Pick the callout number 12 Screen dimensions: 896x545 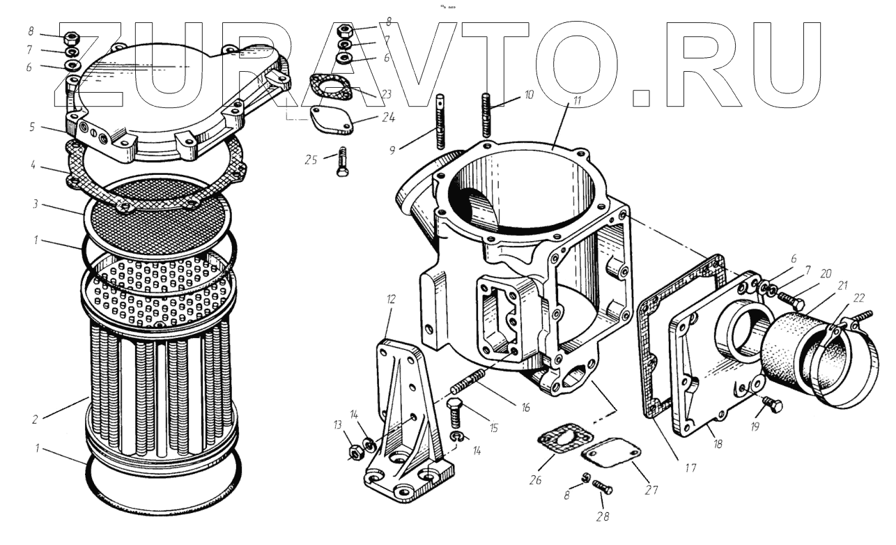[392, 300]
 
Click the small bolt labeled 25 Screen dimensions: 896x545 [341, 162]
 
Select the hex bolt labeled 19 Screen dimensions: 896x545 [772, 405]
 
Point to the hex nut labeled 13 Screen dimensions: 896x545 [353, 452]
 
